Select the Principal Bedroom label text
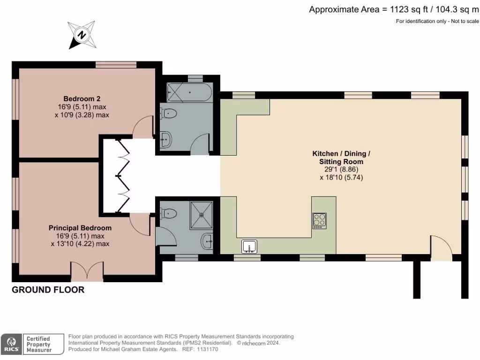(80, 228)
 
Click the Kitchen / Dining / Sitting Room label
(338, 157)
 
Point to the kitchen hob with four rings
(320, 221)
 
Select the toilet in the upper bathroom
(168, 113)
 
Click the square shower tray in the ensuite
(202, 215)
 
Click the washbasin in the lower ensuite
(207, 242)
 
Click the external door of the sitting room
(441, 248)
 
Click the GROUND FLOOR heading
(48, 290)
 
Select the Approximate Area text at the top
(394, 9)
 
